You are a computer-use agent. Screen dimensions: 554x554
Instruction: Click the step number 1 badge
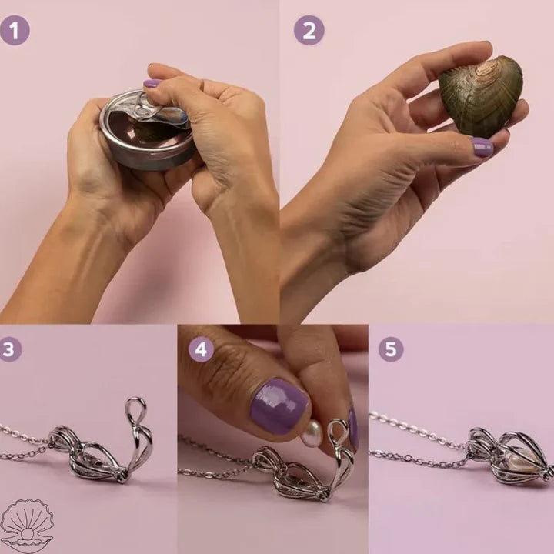coord(15,30)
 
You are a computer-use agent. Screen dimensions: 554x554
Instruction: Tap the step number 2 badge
coord(309,30)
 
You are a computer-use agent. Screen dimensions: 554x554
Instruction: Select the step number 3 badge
coord(8,349)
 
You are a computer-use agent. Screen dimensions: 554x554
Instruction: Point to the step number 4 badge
coord(201,349)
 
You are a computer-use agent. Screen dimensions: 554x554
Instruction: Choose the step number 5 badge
coord(390,349)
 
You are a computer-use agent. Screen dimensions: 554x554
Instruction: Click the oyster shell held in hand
coord(482,96)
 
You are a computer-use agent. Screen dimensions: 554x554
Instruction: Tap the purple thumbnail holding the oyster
coord(482,147)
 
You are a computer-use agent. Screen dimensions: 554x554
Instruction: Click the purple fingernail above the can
coord(152,83)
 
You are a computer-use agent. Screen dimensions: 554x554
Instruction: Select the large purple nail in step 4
coord(278,406)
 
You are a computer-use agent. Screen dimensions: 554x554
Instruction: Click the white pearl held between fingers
coord(312,433)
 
